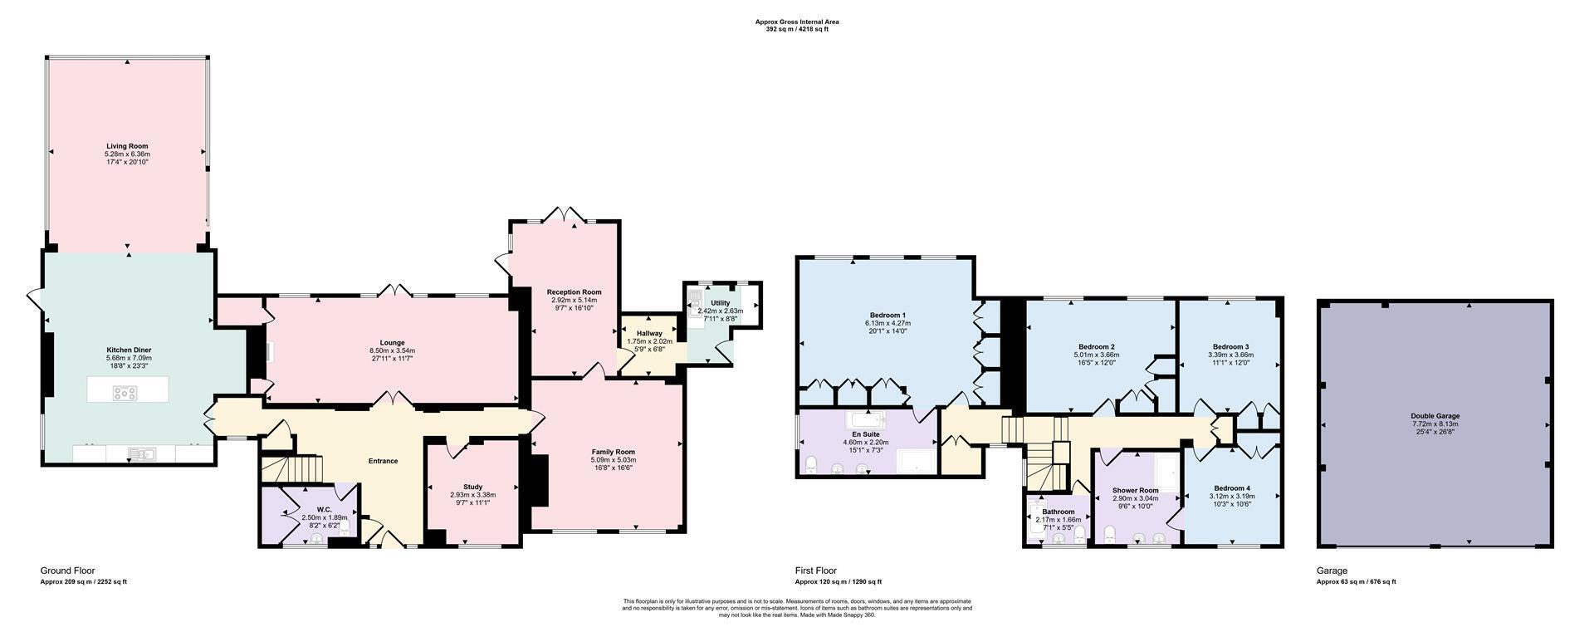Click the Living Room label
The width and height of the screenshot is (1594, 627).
pyautogui.click(x=127, y=146)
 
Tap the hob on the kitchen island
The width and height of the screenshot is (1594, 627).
pyautogui.click(x=127, y=394)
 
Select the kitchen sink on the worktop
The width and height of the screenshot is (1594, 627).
pyautogui.click(x=142, y=453)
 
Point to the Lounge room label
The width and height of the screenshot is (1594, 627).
pyautogui.click(x=392, y=343)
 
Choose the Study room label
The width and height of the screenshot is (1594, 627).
pyautogui.click(x=472, y=487)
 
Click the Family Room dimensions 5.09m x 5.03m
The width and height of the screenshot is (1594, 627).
pyautogui.click(x=614, y=460)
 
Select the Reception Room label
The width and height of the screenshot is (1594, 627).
pyautogui.click(x=574, y=292)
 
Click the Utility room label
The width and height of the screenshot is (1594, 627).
pyautogui.click(x=721, y=303)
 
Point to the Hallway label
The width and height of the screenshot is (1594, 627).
pyautogui.click(x=649, y=333)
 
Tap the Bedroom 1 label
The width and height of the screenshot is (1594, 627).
pyautogui.click(x=887, y=316)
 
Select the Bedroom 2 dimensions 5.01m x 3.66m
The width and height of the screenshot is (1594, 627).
pyautogui.click(x=1097, y=355)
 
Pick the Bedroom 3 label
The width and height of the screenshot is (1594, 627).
pyautogui.click(x=1230, y=347)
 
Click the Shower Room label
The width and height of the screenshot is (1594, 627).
pyautogui.click(x=1135, y=491)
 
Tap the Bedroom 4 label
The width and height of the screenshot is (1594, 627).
pyautogui.click(x=1231, y=488)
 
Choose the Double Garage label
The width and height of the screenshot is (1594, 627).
pyautogui.click(x=1435, y=416)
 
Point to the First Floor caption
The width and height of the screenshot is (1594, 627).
pyautogui.click(x=816, y=571)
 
